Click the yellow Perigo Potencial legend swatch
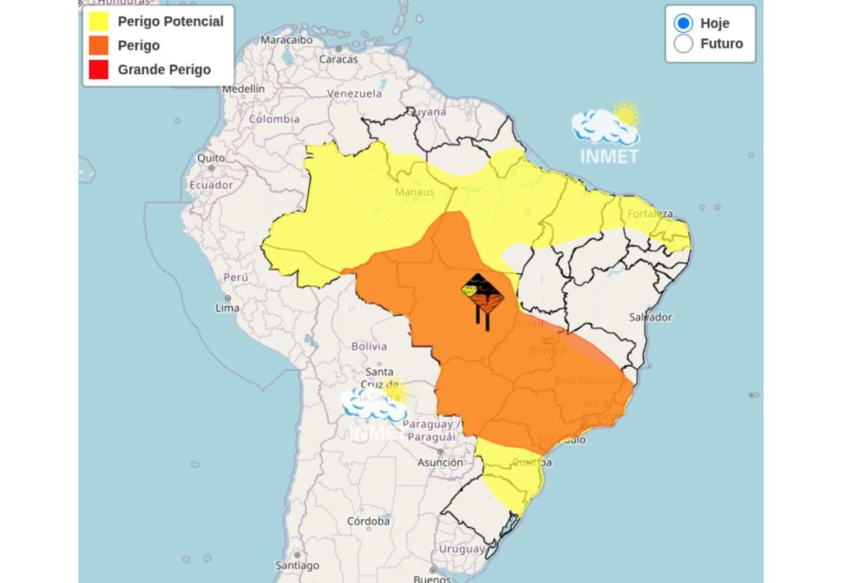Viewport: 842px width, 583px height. point(98,21)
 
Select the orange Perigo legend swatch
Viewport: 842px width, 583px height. point(98,45)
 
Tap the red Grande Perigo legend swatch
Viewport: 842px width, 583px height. point(98,70)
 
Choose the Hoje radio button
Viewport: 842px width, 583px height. point(683,23)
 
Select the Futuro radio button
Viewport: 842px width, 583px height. point(683,44)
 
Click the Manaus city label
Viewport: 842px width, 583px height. point(414,192)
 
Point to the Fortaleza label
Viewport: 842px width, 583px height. point(650,214)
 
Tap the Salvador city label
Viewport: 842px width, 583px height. point(650,317)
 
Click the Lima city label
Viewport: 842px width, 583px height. point(228,308)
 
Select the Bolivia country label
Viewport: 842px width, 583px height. point(369,346)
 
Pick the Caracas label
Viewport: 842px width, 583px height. point(338,59)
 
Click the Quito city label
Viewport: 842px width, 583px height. point(210,158)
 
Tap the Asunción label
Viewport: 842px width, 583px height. point(440,462)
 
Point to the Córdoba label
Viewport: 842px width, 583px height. point(368,521)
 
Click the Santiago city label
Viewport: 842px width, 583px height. point(297,566)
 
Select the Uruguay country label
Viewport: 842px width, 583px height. point(461,548)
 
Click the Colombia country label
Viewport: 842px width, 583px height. point(275,118)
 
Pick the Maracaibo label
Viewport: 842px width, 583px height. point(287,39)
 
